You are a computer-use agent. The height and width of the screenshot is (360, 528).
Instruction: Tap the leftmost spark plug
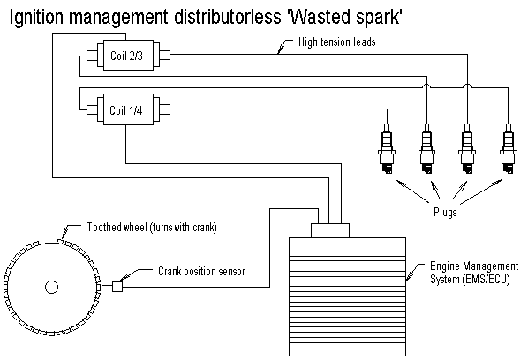(x=387, y=148)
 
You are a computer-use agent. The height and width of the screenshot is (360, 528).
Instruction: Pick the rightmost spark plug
(x=508, y=148)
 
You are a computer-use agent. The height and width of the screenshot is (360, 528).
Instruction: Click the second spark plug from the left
(x=426, y=148)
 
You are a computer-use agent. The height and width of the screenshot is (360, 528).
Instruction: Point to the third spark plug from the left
(x=467, y=148)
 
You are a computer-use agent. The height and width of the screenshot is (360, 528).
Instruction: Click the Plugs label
(x=445, y=213)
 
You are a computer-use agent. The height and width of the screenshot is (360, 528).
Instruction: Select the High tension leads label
(x=337, y=41)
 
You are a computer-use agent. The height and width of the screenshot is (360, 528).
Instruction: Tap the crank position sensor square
(x=117, y=287)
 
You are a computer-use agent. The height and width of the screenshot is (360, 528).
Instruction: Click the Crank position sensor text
(x=201, y=271)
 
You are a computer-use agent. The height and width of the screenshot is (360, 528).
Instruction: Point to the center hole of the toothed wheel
(x=51, y=288)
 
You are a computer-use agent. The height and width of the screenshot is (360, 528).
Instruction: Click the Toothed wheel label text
(x=152, y=227)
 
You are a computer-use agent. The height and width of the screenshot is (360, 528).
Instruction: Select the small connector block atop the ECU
(x=330, y=230)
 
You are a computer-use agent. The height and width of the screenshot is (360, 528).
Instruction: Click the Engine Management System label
(x=474, y=273)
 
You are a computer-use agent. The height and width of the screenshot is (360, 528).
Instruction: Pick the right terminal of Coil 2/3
(x=164, y=55)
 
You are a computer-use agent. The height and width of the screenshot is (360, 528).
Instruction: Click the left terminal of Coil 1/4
(x=92, y=109)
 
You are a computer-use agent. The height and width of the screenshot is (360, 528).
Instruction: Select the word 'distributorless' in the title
(x=227, y=16)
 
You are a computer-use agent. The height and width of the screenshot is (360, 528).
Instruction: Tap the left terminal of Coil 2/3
(x=92, y=56)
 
